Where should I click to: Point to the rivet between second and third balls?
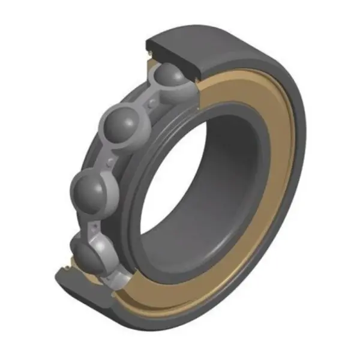point(110,161)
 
